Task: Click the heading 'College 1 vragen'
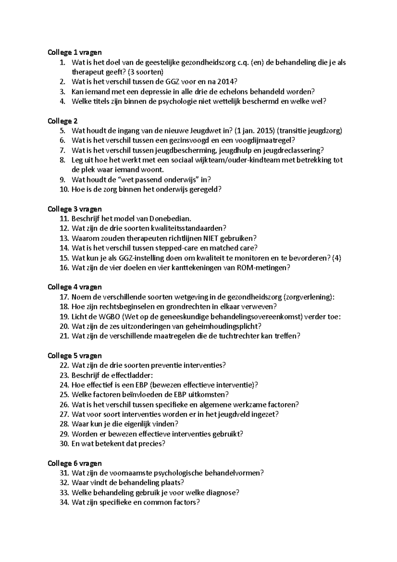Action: pyautogui.click(x=75, y=52)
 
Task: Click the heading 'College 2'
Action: pyautogui.click(x=63, y=121)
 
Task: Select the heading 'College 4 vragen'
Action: pyautogui.click(x=75, y=287)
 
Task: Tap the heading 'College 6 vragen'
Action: pyautogui.click(x=75, y=463)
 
